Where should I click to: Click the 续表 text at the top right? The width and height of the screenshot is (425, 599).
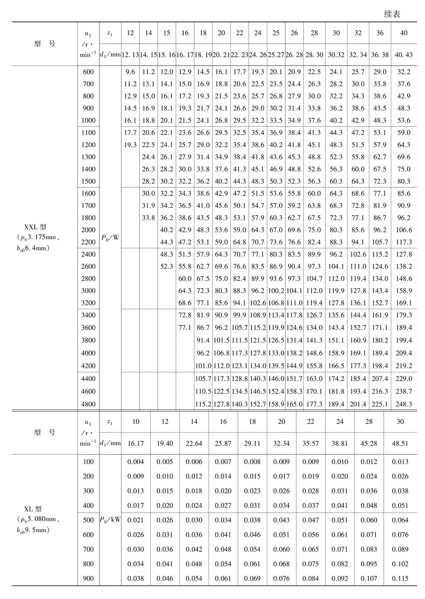tap(392, 14)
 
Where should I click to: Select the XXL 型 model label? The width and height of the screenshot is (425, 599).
tap(35, 227)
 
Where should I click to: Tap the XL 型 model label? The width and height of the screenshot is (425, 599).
tap(33, 509)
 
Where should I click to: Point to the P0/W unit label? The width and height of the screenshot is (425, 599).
tap(110, 238)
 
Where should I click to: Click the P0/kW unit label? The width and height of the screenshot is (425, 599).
tap(110, 520)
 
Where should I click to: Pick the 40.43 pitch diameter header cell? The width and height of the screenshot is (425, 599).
tap(404, 55)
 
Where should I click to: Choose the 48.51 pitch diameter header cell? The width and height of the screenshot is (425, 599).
tap(400, 443)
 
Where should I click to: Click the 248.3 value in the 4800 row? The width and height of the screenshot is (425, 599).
tap(404, 404)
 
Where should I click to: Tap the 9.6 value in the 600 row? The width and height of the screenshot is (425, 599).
tap(130, 72)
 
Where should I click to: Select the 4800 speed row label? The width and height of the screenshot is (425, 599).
tap(88, 404)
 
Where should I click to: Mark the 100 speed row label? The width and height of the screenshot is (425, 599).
tap(88, 462)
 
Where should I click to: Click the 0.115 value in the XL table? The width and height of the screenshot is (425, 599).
tap(400, 579)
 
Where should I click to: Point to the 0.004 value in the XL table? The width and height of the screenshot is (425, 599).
tap(136, 462)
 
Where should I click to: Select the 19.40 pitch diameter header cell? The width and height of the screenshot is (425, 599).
tap(165, 443)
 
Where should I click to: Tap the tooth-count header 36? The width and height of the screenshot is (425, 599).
tap(379, 33)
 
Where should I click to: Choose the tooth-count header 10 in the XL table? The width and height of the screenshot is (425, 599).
tap(136, 421)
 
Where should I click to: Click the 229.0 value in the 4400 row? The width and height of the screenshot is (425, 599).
tap(404, 379)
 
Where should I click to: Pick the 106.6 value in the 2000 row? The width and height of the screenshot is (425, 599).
tap(404, 230)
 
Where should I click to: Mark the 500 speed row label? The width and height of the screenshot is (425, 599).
tap(88, 520)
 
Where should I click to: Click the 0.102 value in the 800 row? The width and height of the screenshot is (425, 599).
tap(400, 564)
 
